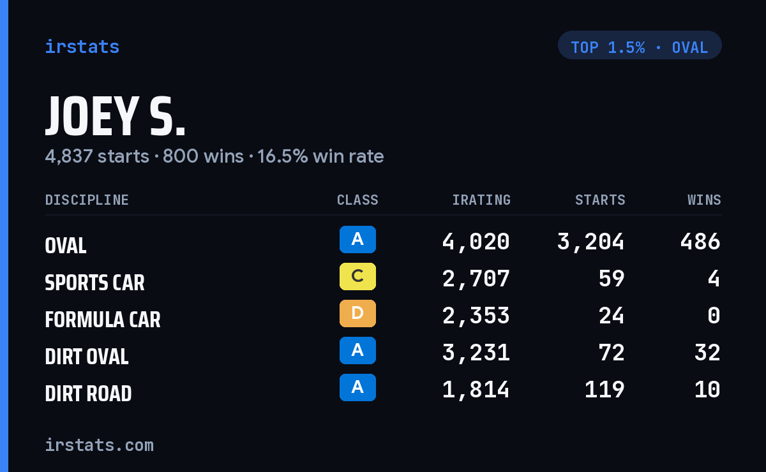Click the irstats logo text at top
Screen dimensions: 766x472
tap(82, 47)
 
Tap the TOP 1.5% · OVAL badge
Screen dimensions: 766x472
tap(640, 45)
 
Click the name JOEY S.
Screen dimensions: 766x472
tap(116, 116)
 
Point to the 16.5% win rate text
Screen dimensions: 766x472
tap(320, 156)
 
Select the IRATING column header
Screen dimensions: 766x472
tap(481, 200)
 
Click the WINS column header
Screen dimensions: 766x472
tap(705, 200)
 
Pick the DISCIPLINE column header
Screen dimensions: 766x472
tap(87, 200)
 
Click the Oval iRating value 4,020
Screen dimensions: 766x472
tap(476, 242)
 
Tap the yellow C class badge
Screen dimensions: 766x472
tap(357, 276)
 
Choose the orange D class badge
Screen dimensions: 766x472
tap(357, 313)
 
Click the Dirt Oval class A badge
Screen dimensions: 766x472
tap(357, 350)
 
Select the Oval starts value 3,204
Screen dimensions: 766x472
tap(590, 242)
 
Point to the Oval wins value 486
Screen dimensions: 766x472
tap(700, 242)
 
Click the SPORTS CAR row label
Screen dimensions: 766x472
tap(94, 283)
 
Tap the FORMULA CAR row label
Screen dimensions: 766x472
tap(103, 320)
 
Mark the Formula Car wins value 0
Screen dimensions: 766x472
tap(714, 316)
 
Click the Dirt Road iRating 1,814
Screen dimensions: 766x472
tap(476, 390)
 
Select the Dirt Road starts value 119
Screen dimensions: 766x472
tap(605, 390)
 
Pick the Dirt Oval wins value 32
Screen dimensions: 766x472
tap(707, 353)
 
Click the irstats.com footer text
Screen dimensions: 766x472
tap(100, 445)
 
